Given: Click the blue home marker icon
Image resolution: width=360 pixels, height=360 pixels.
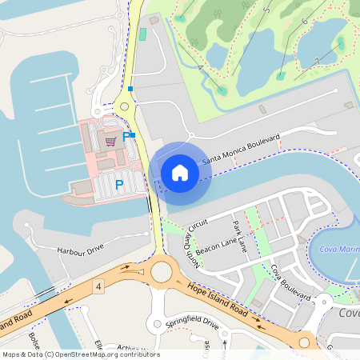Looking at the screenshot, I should tap(180, 172).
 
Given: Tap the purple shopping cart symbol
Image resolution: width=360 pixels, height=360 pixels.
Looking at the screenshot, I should tap(110, 141).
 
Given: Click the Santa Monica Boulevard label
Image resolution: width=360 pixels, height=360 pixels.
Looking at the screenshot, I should tap(240, 150).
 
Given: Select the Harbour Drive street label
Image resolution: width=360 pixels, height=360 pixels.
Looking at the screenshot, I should tap(80, 250).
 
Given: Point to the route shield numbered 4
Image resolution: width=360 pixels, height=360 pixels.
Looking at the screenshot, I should tap(98, 286).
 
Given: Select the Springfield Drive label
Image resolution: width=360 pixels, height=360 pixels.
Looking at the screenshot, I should tap(192, 324).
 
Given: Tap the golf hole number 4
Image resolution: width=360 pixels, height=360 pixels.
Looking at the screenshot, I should tap(199, 67).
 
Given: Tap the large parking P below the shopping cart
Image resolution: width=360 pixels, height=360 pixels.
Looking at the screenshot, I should tap(119, 185).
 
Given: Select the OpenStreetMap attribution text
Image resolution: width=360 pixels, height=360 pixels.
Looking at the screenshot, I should tap(80, 354).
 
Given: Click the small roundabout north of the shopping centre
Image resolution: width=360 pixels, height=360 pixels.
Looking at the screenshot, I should tap(123, 106).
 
